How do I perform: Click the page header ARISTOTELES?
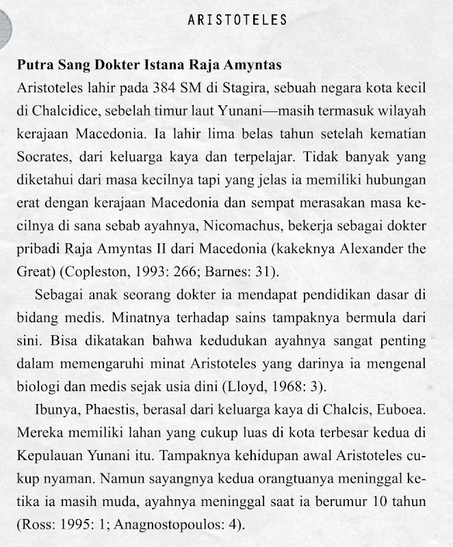coord(237,20)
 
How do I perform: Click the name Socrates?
coord(42,155)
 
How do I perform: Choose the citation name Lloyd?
coord(245,385)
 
